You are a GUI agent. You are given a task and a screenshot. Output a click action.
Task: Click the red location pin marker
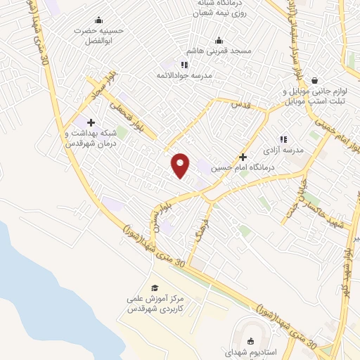point(181,165)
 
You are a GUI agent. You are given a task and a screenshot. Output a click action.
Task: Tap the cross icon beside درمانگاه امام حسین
point(243,157)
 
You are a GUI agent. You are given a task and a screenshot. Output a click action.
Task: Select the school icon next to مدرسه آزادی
point(283,140)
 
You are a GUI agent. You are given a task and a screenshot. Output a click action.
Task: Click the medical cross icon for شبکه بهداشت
point(91,122)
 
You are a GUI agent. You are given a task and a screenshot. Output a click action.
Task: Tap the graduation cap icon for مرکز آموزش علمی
point(155,288)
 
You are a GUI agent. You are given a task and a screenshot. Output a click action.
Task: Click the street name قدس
point(242,104)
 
